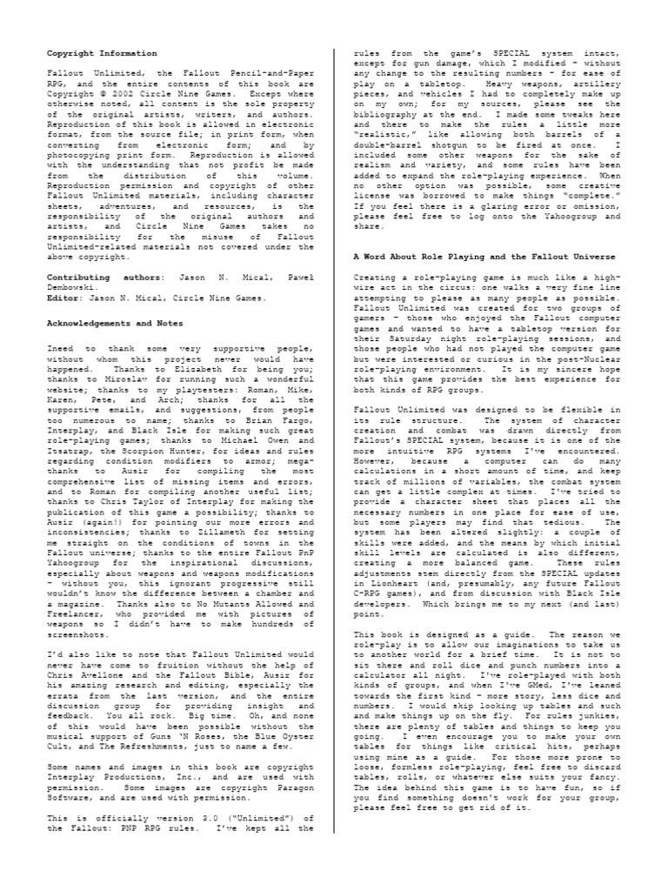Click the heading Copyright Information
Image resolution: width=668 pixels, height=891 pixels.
pyautogui.click(x=102, y=54)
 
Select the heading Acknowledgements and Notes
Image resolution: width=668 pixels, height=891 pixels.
pyautogui.click(x=113, y=322)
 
